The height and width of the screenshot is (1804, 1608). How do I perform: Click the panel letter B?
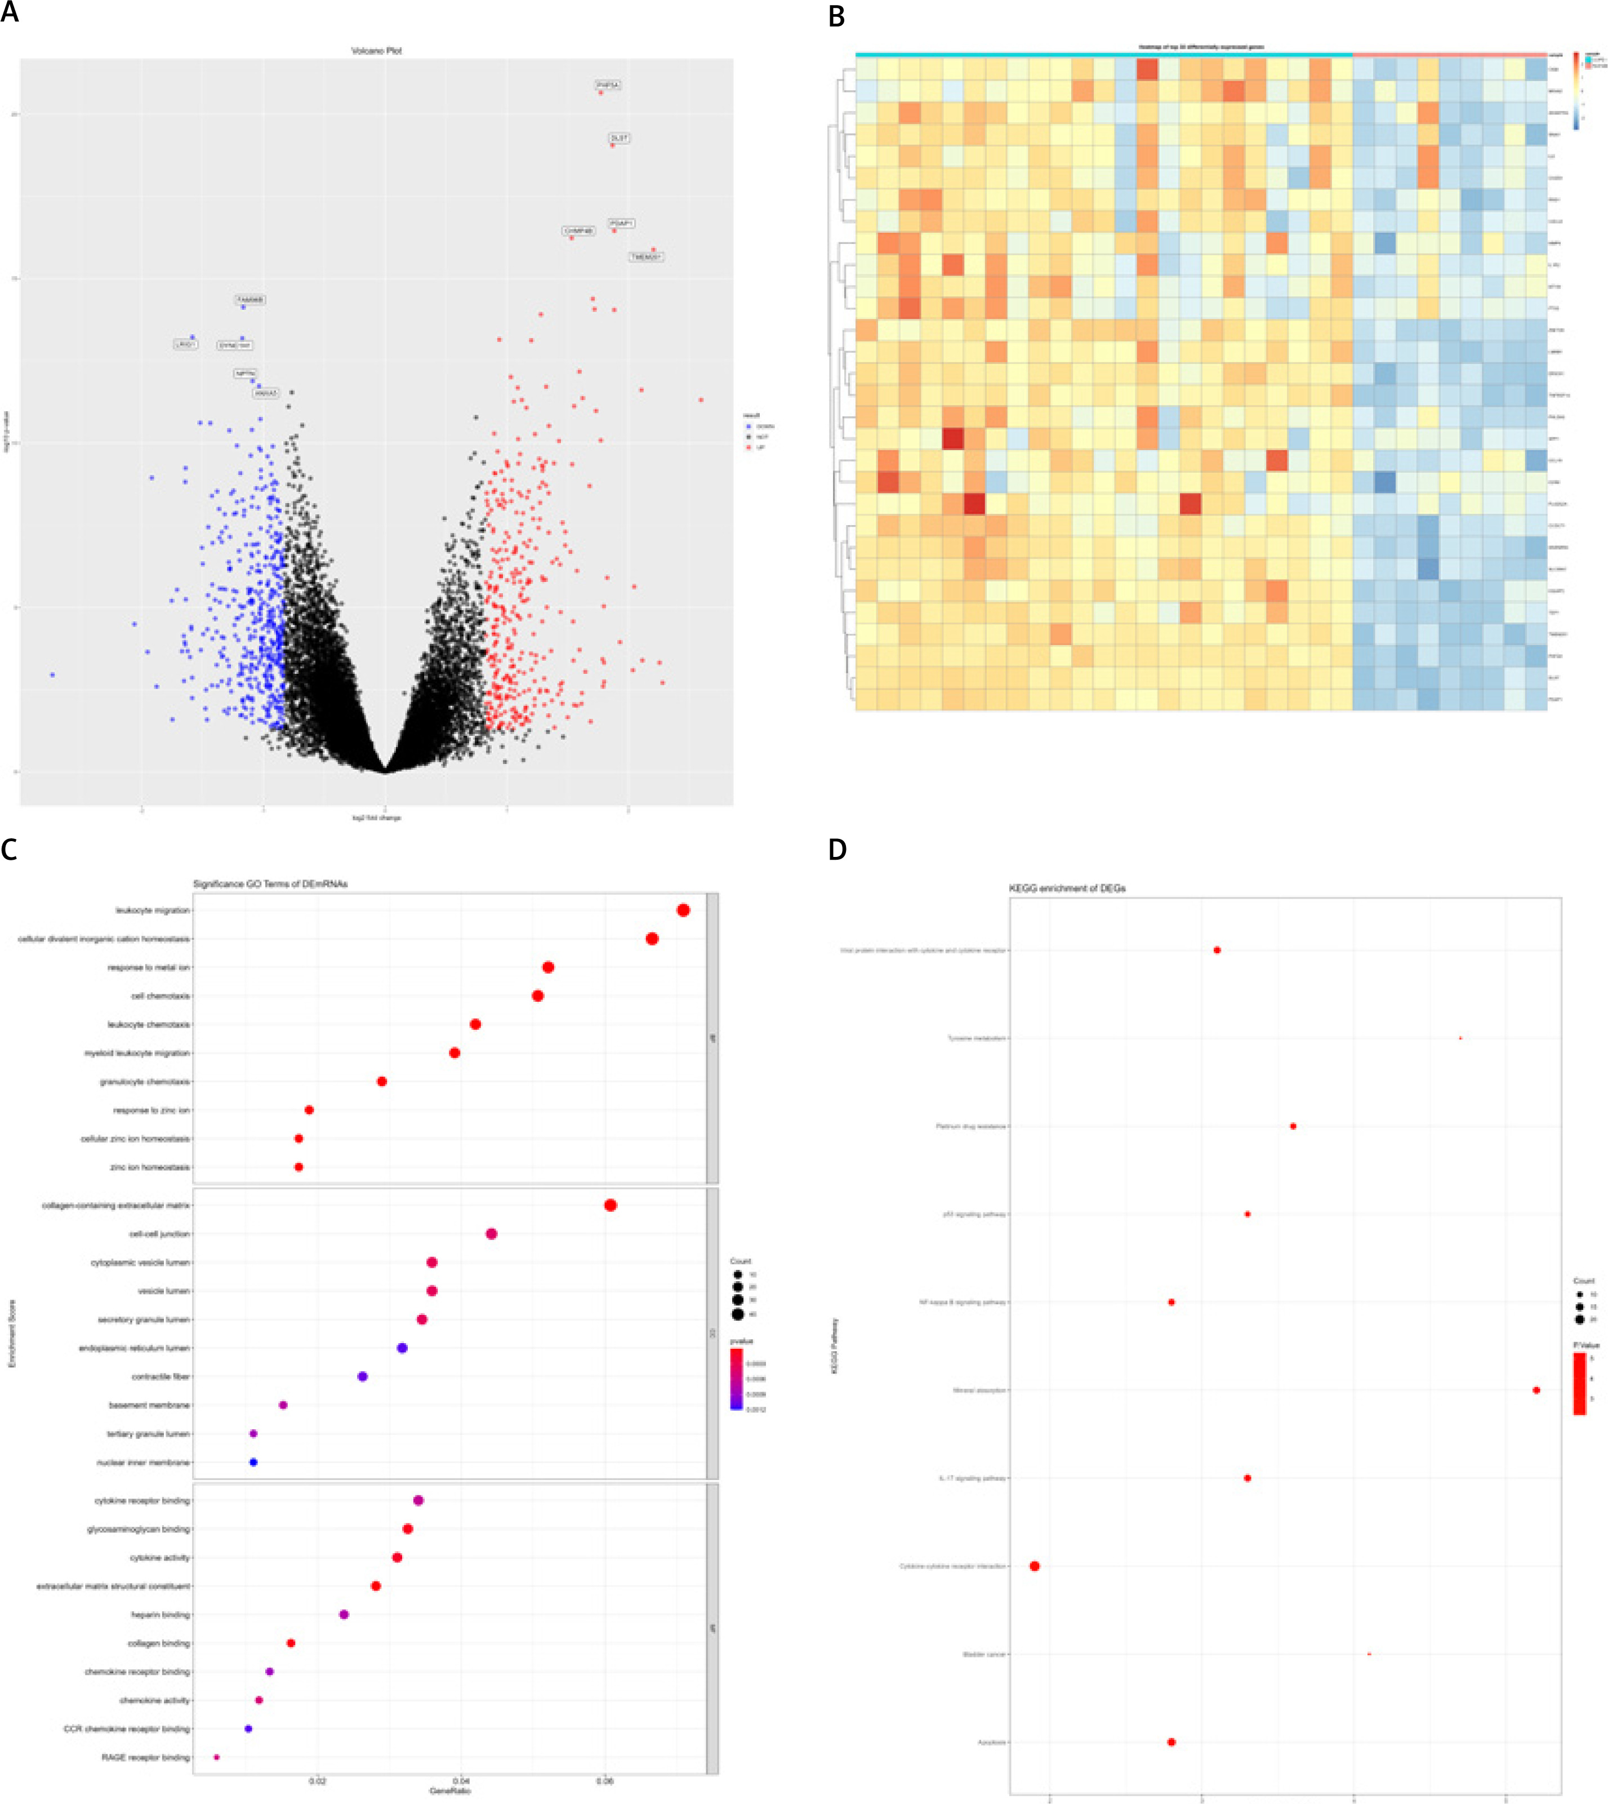(x=836, y=16)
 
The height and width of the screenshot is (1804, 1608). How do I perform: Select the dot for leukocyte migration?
(x=683, y=910)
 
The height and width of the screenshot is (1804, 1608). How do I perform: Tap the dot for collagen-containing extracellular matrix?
(x=611, y=1206)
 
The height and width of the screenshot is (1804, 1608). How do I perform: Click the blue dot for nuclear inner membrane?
(x=253, y=1463)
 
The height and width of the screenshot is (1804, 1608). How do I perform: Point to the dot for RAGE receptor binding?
(x=216, y=1757)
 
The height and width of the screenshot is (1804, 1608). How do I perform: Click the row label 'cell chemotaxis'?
(x=161, y=996)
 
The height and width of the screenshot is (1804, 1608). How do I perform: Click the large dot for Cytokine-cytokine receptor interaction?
(x=1035, y=1566)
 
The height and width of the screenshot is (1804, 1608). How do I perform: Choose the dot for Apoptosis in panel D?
(x=1172, y=1742)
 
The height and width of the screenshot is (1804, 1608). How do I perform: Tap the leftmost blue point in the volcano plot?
(x=52, y=674)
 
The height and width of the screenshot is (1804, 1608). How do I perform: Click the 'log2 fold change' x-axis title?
(x=376, y=817)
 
